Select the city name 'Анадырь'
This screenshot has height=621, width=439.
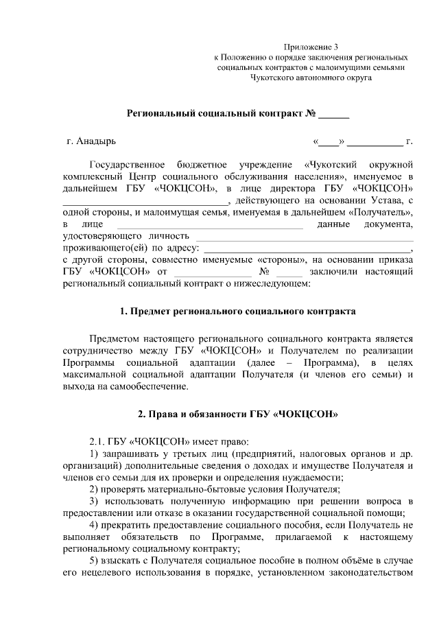96,142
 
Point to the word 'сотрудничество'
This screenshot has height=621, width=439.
99,350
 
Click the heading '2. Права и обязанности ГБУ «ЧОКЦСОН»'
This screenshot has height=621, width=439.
237,414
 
